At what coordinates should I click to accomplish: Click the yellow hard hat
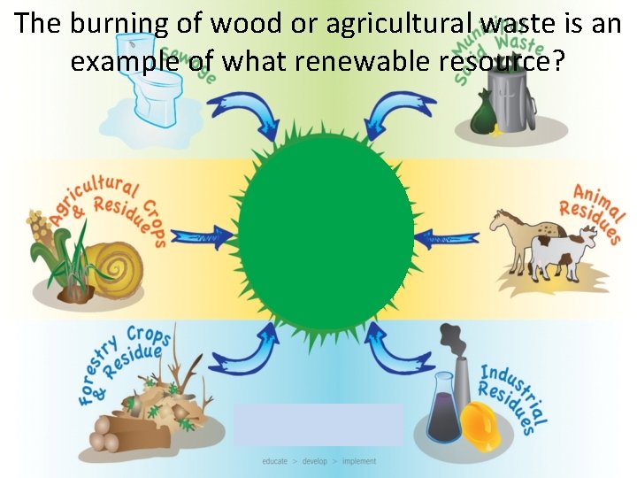click(x=482, y=424)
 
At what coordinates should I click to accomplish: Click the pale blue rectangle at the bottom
click(x=318, y=424)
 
